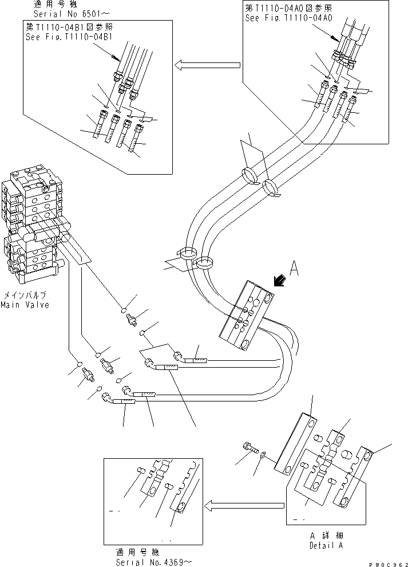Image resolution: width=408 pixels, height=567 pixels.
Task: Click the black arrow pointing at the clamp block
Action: tap(280, 280)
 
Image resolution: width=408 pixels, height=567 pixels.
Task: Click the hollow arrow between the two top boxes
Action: tap(207, 66)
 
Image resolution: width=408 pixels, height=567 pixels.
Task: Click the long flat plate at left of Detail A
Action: tap(294, 444)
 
